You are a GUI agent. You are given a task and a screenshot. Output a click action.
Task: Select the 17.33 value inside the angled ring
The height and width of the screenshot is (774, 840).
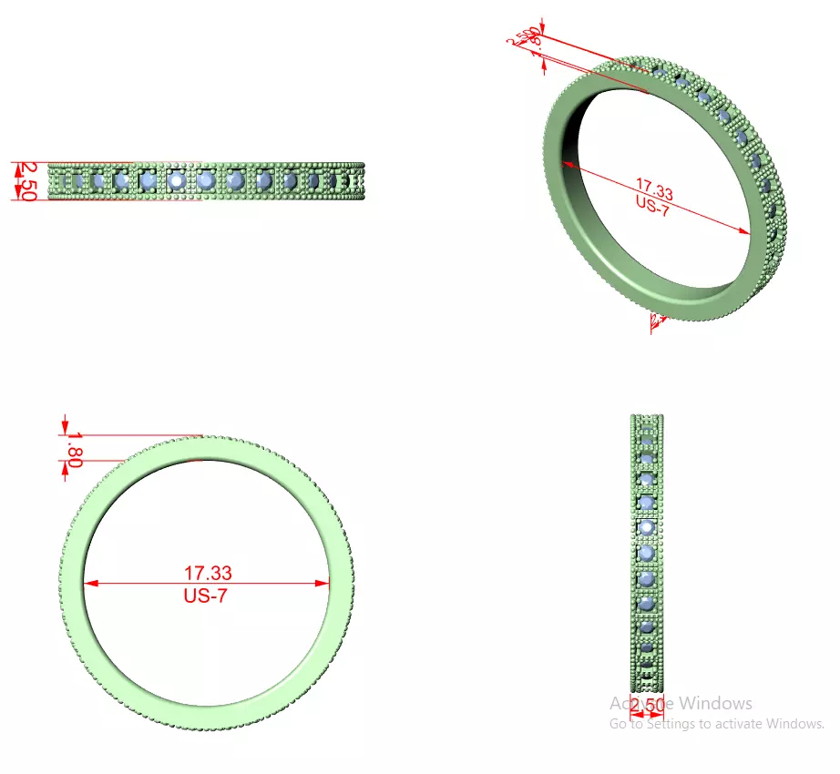[x=654, y=193]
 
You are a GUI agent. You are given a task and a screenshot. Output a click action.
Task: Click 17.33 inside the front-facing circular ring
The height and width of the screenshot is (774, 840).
[x=208, y=574]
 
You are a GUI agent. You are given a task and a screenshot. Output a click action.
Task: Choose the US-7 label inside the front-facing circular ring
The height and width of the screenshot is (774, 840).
[x=205, y=596]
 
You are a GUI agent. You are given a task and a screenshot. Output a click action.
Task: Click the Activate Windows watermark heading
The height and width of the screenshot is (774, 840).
[x=681, y=703]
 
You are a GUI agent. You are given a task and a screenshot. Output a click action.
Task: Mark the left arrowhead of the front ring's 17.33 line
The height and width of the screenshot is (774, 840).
[x=89, y=584]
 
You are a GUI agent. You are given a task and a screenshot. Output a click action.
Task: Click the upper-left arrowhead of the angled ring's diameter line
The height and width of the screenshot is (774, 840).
[x=568, y=165]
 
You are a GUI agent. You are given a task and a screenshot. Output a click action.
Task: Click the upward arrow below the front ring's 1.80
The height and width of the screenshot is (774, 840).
[x=66, y=468]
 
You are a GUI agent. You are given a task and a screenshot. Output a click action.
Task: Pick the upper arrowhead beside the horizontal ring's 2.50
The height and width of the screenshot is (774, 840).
[x=15, y=168]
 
